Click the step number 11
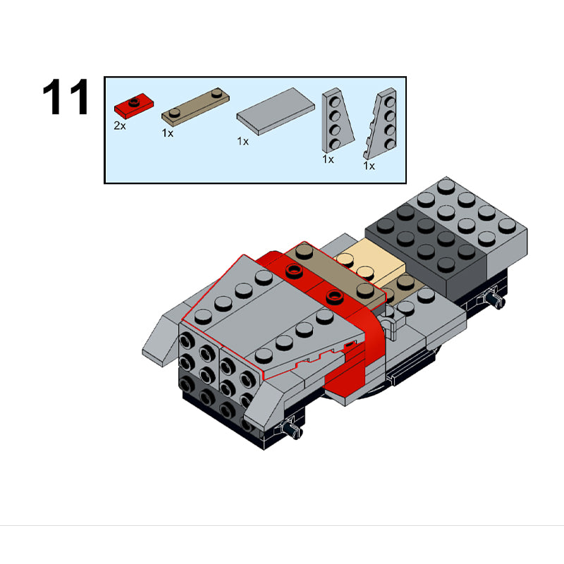click(x=66, y=97)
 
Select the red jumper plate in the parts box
click(x=134, y=106)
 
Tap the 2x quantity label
click(x=120, y=125)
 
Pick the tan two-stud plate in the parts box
click(x=195, y=107)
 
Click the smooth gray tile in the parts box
click(x=276, y=111)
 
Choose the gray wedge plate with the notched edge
click(x=381, y=123)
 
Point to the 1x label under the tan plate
click(x=168, y=133)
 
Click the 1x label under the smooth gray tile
click(x=243, y=142)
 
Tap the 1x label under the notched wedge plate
click(x=369, y=166)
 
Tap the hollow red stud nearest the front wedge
click(x=335, y=297)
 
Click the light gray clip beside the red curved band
click(x=391, y=324)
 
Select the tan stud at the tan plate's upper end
click(x=305, y=250)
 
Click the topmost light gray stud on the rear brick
click(x=446, y=186)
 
